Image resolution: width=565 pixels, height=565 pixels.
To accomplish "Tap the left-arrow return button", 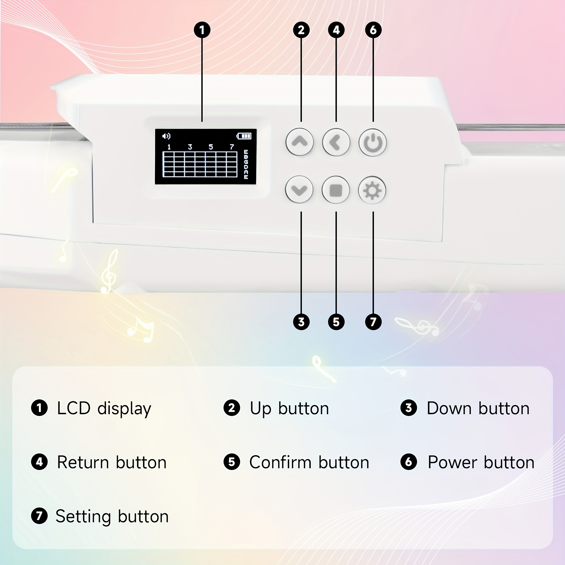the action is [336, 142].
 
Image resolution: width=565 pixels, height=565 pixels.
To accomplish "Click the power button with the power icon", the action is [373, 143].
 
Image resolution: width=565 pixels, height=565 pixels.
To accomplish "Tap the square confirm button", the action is [336, 190].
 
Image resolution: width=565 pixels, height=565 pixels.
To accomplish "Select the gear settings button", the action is [372, 190].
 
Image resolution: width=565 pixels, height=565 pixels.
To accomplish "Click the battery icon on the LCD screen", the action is [244, 136].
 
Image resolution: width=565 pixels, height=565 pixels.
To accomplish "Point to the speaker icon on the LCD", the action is [166, 136].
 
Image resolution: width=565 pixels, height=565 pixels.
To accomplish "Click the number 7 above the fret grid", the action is [232, 147].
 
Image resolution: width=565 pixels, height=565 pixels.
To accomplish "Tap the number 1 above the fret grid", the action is [169, 147].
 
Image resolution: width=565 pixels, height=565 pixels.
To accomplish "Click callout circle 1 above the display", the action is [202, 30].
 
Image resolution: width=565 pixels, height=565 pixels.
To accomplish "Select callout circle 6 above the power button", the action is [373, 30].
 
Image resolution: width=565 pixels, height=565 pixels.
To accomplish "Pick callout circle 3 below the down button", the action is [301, 322].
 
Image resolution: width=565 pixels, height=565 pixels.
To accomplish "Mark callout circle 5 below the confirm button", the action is [336, 322].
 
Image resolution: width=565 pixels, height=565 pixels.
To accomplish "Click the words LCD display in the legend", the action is [104, 408].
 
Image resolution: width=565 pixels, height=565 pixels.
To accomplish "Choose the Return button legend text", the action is [112, 462].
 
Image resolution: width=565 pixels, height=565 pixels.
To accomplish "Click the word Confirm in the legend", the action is [280, 462].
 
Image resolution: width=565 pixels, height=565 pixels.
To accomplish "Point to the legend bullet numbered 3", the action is [408, 408].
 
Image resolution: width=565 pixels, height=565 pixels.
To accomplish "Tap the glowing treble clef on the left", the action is [110, 271].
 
